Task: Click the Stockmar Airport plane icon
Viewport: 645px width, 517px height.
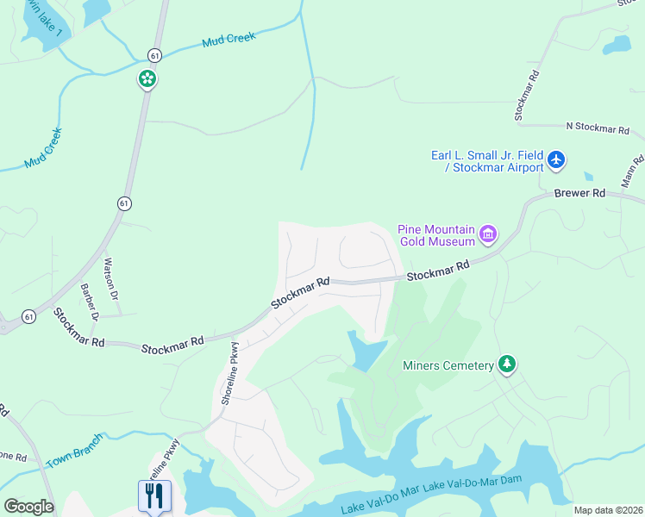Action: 556,159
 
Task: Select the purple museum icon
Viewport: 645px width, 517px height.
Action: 488,234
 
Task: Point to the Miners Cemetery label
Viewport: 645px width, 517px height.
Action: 448,365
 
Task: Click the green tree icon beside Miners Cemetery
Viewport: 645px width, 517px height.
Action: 508,364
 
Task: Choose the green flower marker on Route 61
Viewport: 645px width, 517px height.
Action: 147,79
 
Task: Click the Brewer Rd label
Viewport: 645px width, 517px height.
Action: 579,194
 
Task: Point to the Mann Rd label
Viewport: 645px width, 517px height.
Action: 633,171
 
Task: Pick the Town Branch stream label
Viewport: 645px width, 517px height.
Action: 74,451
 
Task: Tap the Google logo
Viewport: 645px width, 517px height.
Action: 28,506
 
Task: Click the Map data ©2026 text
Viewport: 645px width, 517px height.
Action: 607,510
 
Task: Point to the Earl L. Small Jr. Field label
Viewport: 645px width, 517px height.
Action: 487,155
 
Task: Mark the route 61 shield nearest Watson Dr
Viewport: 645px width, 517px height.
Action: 125,203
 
